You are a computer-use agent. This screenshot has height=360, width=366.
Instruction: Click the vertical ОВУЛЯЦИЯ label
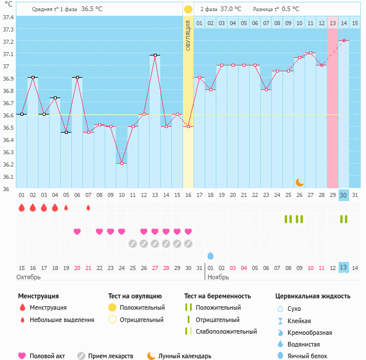pos(188,35)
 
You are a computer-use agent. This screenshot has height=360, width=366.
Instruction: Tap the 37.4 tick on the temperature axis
pos(8,17)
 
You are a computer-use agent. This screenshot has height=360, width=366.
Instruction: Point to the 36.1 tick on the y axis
pos(8,176)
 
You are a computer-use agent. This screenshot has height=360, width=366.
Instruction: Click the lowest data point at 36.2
pos(122,164)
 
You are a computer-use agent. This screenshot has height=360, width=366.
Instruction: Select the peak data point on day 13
pos(155,55)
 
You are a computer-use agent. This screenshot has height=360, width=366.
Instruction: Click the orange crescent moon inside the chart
pos(299,182)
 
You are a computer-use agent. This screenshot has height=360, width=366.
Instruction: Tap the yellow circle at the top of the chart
pos(188,9)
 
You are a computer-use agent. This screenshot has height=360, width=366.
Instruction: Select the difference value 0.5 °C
pos(291,9)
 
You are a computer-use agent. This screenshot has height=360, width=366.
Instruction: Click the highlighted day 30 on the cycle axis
pos(344,195)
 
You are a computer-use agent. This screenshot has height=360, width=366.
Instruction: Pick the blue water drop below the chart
pos(210,256)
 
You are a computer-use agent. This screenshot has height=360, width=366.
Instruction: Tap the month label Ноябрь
pos(218,276)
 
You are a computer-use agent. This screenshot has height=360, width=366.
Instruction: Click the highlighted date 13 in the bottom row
pos(344,267)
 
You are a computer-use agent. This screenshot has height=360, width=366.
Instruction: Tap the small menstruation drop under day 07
pos(88,207)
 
